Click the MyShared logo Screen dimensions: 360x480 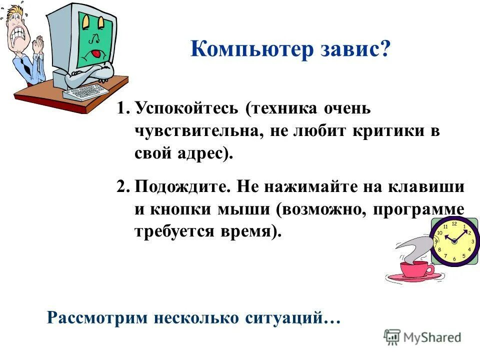(422, 337)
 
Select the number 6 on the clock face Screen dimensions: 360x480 (454, 259)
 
